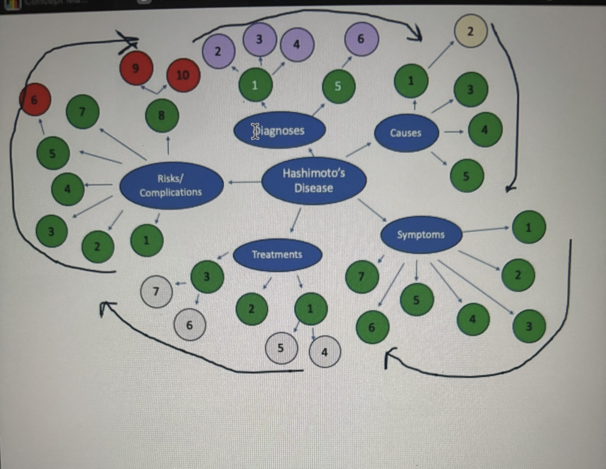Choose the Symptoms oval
(421, 235)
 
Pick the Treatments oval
(277, 255)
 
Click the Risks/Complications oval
(171, 185)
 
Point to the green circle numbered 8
(162, 115)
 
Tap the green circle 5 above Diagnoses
(338, 86)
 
